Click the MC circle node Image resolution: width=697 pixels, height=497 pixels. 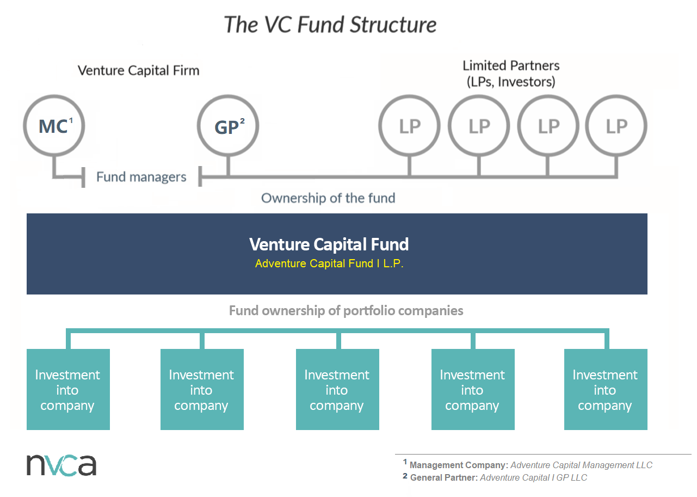tap(54, 126)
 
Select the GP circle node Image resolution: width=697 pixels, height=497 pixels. tap(228, 126)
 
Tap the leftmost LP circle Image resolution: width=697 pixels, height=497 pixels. tap(410, 126)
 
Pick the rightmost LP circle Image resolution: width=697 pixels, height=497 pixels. tap(616, 126)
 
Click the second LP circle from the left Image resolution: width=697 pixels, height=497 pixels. tap(479, 126)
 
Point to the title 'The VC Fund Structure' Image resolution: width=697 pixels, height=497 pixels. tap(330, 25)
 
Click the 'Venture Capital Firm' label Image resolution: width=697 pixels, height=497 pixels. tap(138, 70)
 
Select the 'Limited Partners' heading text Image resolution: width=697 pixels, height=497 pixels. tap(511, 66)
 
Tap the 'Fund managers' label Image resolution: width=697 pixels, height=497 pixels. tap(141, 177)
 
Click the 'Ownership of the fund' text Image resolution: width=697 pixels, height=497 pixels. tap(328, 198)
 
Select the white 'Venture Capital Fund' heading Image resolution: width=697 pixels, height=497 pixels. tap(329, 244)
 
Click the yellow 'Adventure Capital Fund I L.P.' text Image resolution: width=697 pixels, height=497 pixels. tap(329, 264)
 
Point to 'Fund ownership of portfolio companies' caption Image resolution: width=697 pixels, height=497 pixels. tap(346, 310)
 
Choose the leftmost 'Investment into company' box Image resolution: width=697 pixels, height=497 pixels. tap(68, 390)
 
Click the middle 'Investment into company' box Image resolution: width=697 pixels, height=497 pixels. tap(337, 390)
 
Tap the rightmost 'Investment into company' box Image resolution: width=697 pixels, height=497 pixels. tap(605, 390)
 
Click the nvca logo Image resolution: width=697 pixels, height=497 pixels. tap(61, 464)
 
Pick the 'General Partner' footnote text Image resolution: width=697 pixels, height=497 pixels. tap(443, 478)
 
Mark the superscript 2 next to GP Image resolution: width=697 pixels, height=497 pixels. tap(242, 121)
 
